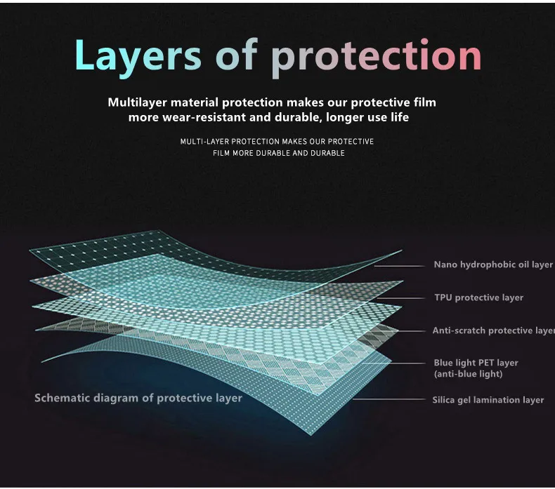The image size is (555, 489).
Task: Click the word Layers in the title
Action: [x=137, y=55]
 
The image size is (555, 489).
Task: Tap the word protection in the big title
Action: [x=376, y=55]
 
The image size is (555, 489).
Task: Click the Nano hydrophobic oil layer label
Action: [x=492, y=265]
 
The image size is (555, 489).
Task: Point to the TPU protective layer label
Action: [x=478, y=297]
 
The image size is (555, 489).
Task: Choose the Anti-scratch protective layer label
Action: [x=493, y=330]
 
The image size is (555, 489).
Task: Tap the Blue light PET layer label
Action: [x=476, y=363]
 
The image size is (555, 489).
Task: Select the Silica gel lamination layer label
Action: [x=488, y=400]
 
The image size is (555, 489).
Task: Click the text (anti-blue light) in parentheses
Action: [x=468, y=375]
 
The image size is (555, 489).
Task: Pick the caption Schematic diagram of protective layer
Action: [x=138, y=398]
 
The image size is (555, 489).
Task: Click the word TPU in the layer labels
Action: [x=443, y=297]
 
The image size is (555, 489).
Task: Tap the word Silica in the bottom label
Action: [x=445, y=400]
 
